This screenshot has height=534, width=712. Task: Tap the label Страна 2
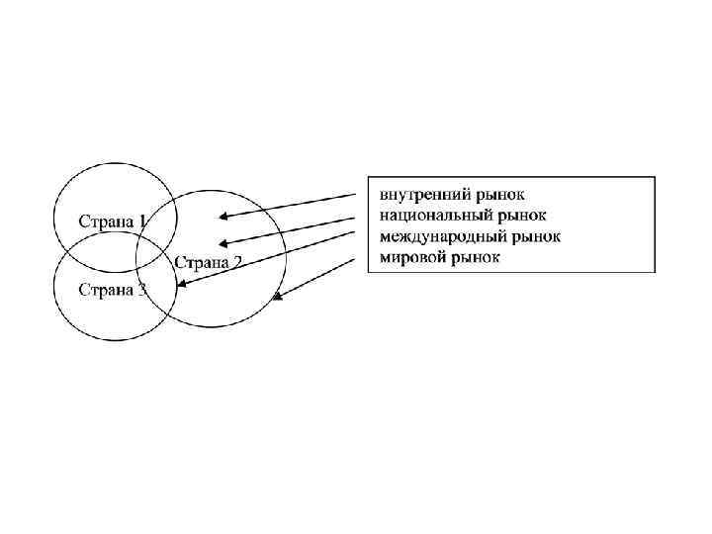[209, 262]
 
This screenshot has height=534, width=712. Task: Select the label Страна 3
[112, 290]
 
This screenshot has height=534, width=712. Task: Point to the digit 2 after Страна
[237, 262]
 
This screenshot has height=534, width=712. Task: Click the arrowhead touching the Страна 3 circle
[180, 285]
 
